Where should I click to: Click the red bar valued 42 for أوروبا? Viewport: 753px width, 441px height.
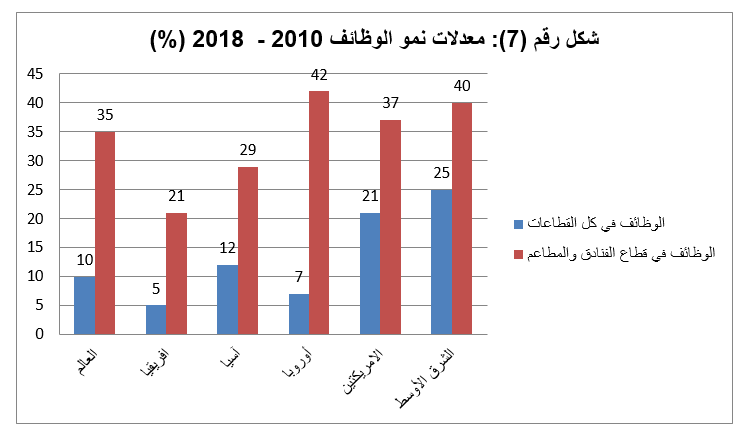(319, 212)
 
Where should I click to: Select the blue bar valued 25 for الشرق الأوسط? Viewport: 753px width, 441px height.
(441, 261)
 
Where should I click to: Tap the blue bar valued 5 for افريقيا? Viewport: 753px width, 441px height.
(155, 319)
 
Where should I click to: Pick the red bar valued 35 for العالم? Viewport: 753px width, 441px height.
(105, 232)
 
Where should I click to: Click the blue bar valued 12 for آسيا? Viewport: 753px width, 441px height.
(227, 299)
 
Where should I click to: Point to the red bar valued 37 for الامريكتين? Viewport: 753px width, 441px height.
(390, 227)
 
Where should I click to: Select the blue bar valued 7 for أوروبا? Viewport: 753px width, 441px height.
(298, 313)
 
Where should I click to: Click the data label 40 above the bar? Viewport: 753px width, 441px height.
(462, 86)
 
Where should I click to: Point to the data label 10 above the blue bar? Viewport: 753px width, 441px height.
(84, 259)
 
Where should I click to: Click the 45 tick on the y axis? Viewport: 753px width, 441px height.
(35, 74)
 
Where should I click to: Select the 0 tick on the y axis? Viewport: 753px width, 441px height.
(39, 334)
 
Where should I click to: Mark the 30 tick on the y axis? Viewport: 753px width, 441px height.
(35, 161)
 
